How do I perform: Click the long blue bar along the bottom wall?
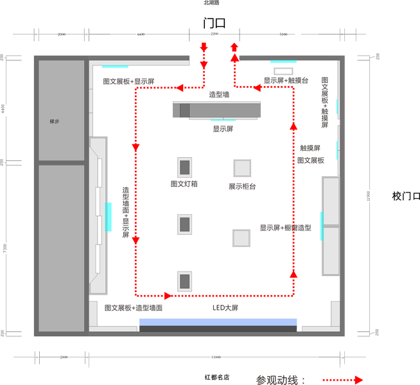pyautogui.click(x=218, y=321)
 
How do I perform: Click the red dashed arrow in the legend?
pyautogui.click(x=343, y=380)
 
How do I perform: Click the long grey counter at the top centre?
pyautogui.click(x=217, y=110)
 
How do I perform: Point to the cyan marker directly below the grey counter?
pyautogui.click(x=223, y=121)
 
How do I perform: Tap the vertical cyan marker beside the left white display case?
pyautogui.click(x=109, y=217)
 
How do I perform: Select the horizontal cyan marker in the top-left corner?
pyautogui.click(x=115, y=67)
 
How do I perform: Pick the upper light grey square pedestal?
pyautogui.click(x=242, y=168)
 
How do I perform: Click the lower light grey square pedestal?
pyautogui.click(x=241, y=237)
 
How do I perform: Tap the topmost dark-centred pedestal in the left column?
pyautogui.click(x=185, y=167)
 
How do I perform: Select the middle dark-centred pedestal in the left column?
pyautogui.click(x=185, y=225)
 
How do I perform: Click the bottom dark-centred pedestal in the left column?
pyautogui.click(x=185, y=281)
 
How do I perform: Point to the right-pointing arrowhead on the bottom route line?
pyautogui.click(x=168, y=296)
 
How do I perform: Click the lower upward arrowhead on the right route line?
pyautogui.click(x=293, y=275)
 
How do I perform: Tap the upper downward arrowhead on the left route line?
pyautogui.click(x=136, y=148)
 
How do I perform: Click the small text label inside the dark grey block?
pyautogui.click(x=55, y=121)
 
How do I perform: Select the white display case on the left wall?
pyautogui.click(x=98, y=216)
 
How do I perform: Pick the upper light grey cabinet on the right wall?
pyautogui.click(x=330, y=201)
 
